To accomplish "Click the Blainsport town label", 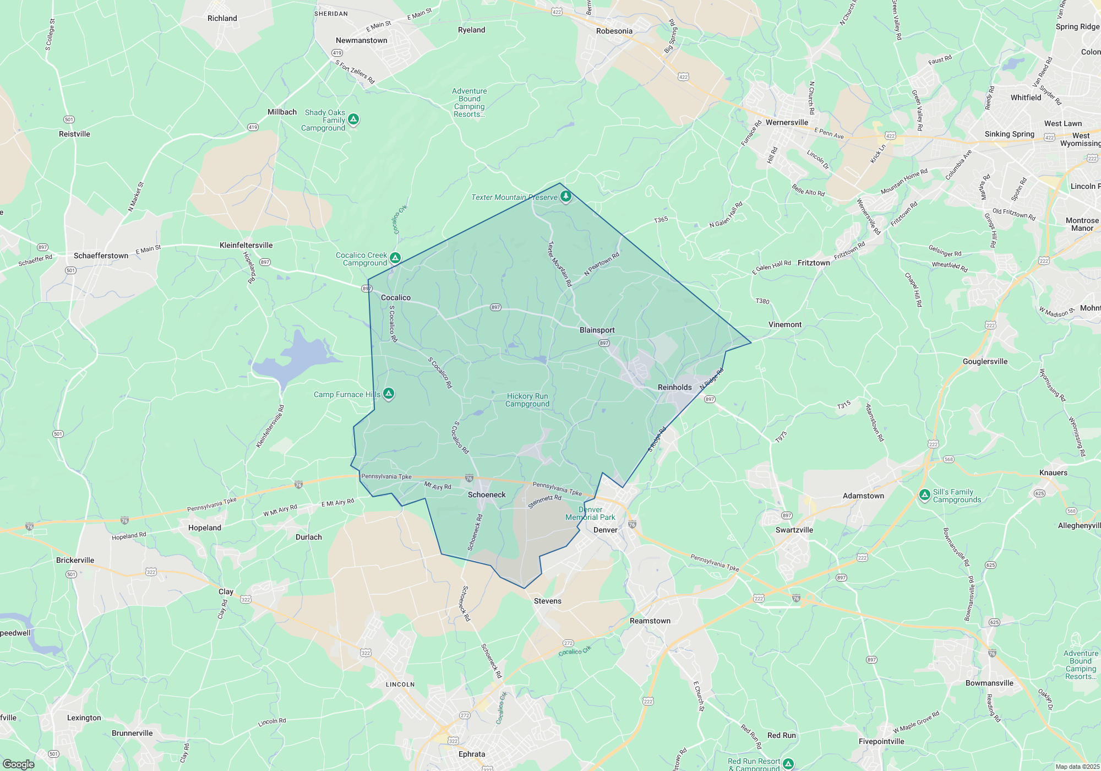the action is click(x=597, y=330).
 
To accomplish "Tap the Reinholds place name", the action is click(x=674, y=387).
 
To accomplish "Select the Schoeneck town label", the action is click(x=487, y=495).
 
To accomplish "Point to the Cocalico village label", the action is click(x=396, y=297).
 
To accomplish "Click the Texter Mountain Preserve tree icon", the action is click(x=565, y=196).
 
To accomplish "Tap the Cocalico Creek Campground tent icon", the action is click(x=395, y=257).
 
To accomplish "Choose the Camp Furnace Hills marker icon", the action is click(x=389, y=393).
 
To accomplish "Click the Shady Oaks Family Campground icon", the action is click(x=353, y=119).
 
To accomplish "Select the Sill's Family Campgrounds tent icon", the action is click(x=925, y=495).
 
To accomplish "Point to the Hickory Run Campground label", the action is click(x=527, y=400).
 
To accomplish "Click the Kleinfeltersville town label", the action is click(x=246, y=245).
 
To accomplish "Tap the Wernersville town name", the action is click(x=787, y=122).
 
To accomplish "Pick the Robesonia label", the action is click(x=614, y=31).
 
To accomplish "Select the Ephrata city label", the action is click(x=472, y=754).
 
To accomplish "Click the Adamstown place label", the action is click(x=863, y=496).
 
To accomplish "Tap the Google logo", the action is click(x=19, y=764).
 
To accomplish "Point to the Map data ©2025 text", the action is click(x=1077, y=767).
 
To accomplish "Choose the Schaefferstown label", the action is click(x=101, y=256).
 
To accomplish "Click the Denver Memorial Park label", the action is click(x=590, y=513).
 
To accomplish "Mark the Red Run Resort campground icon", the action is click(x=788, y=763).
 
